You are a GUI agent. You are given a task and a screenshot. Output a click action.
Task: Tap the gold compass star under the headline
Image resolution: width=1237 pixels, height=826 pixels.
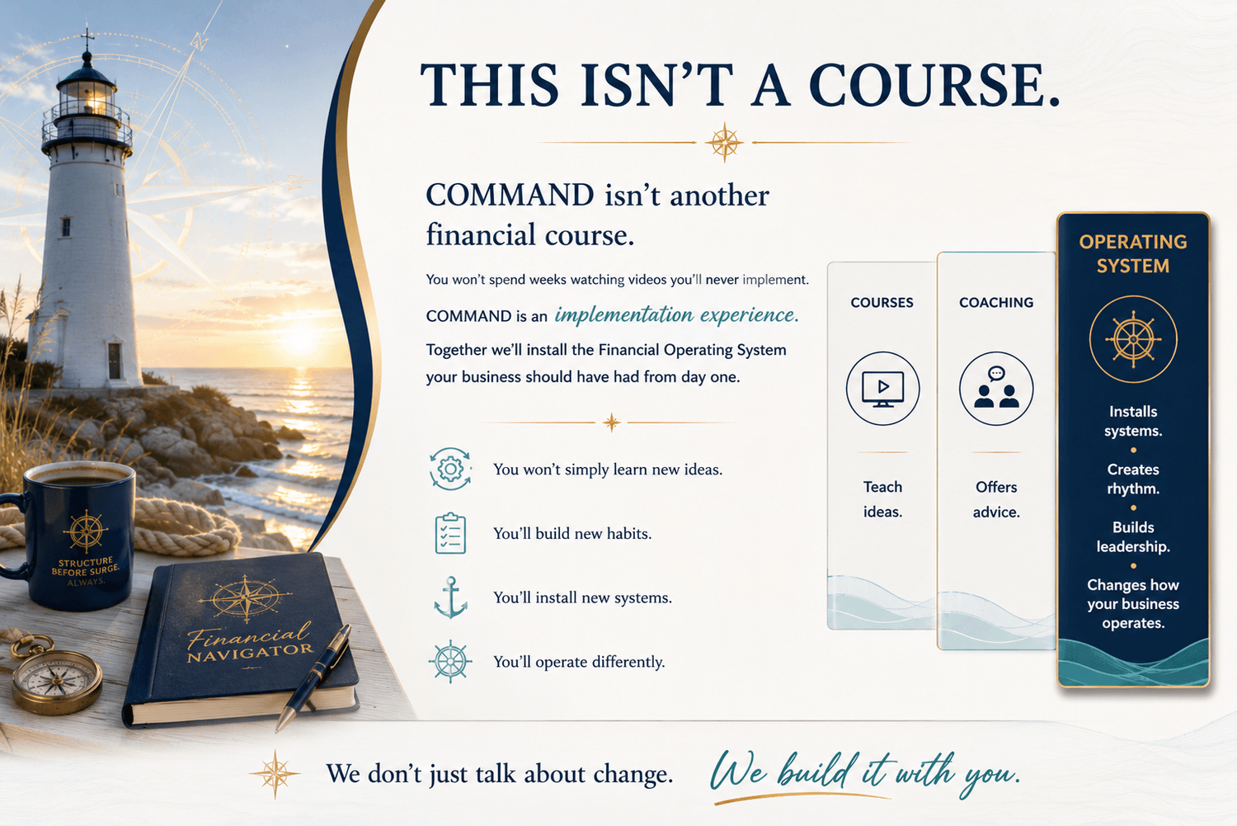[724, 142]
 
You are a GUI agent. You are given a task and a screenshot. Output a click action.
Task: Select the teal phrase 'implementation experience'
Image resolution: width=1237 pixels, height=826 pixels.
[676, 315]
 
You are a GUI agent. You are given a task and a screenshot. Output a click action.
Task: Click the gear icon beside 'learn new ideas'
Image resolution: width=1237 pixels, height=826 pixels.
[450, 469]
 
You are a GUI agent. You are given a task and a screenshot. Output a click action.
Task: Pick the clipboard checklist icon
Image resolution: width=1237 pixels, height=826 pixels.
[450, 533]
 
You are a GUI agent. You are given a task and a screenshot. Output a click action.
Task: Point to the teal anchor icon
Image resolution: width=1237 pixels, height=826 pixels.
[450, 597]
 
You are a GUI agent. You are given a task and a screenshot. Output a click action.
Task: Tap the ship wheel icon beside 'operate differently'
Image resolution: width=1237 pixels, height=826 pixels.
[450, 661]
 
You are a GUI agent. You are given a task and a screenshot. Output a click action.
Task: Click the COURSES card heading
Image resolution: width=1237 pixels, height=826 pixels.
[882, 302]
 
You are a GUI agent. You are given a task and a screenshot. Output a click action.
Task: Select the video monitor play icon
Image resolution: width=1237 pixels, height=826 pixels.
[882, 389]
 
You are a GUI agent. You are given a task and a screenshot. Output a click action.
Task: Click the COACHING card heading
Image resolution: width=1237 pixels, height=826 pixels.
[996, 302]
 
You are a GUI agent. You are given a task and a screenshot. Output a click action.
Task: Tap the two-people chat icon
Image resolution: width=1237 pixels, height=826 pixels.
[996, 389]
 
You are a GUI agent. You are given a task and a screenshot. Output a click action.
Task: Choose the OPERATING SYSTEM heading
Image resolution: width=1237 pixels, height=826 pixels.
[1133, 253]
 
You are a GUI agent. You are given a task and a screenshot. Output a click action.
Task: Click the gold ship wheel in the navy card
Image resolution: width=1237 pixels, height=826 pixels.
[1133, 339]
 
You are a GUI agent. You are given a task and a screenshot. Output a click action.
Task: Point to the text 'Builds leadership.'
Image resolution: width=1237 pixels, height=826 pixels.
[1133, 536]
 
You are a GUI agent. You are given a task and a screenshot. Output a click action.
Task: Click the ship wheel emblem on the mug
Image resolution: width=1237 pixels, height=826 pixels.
[86, 531]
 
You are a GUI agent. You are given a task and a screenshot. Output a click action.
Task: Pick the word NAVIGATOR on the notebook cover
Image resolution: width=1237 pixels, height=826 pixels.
[250, 653]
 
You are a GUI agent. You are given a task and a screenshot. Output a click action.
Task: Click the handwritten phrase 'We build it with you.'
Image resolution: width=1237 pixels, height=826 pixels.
[865, 773]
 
